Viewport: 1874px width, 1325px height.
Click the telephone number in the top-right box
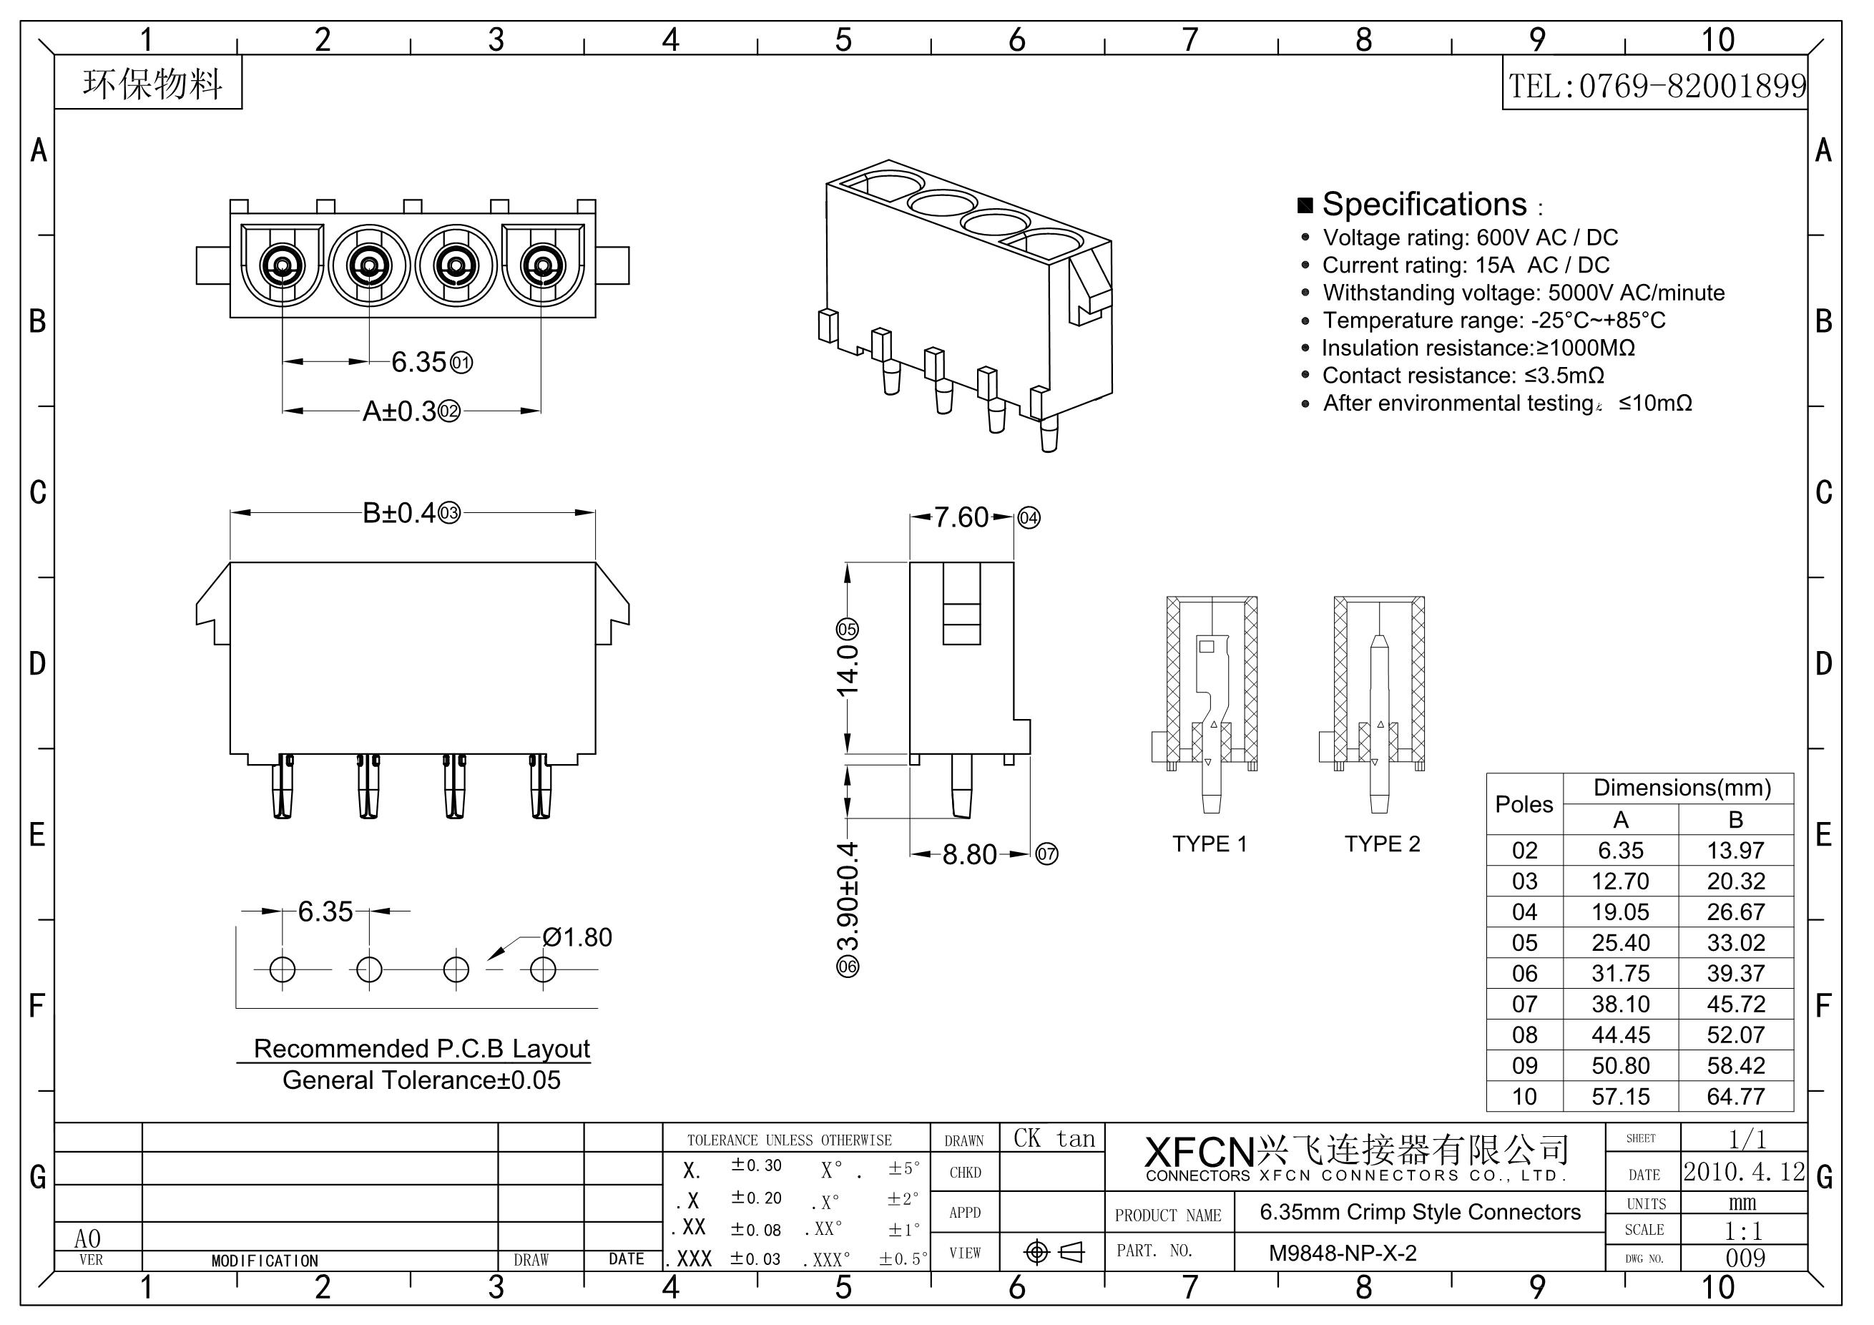click(x=1656, y=86)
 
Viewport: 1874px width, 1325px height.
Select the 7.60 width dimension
click(x=961, y=517)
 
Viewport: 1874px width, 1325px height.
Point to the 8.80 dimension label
click(x=969, y=855)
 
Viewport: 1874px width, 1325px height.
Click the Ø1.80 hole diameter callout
click(x=577, y=937)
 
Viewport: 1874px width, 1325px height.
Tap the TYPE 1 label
click(x=1210, y=844)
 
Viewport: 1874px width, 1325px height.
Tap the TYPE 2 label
click(x=1382, y=844)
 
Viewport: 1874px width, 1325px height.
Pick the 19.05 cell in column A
click(x=1620, y=912)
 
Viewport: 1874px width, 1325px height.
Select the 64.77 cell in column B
click(x=1735, y=1096)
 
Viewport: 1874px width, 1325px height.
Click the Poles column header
click(x=1524, y=804)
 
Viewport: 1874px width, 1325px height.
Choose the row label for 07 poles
click(x=1524, y=1004)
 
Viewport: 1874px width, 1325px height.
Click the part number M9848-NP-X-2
click(x=1343, y=1252)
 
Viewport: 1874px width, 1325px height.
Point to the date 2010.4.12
click(x=1745, y=1173)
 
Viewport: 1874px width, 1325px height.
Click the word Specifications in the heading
click(x=1423, y=204)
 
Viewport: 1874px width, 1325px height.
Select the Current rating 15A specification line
click(x=1465, y=265)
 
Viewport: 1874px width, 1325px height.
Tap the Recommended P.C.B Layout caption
click(x=421, y=1048)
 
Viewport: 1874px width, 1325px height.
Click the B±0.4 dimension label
click(x=399, y=513)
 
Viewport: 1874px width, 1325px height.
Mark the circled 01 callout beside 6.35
click(x=461, y=363)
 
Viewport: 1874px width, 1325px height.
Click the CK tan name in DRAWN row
click(x=1054, y=1139)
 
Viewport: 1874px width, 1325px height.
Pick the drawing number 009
click(x=1745, y=1258)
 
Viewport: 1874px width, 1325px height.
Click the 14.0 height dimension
click(x=847, y=670)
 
